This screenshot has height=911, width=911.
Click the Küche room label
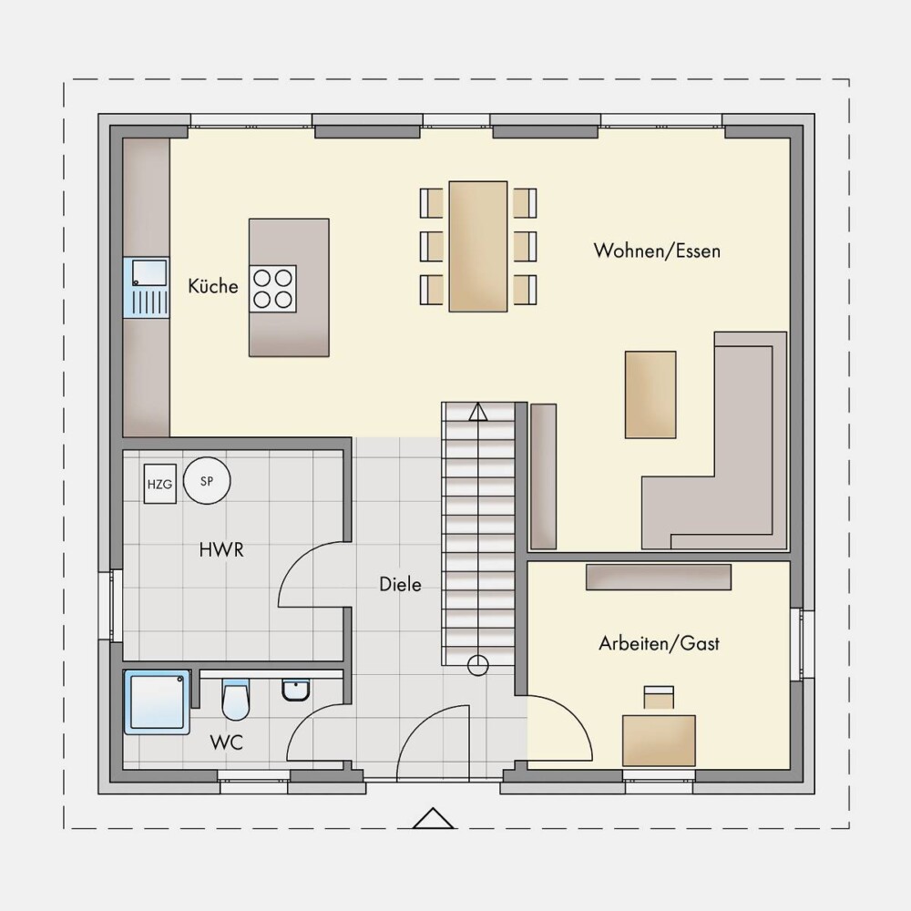(x=212, y=286)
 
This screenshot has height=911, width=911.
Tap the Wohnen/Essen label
(x=657, y=251)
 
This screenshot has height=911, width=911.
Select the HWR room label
(x=221, y=549)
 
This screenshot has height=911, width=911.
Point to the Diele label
(x=400, y=584)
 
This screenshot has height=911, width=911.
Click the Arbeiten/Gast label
(x=659, y=643)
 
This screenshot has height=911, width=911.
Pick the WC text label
(x=226, y=742)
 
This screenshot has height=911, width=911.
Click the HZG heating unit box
(x=159, y=484)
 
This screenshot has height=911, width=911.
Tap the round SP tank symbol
(x=207, y=480)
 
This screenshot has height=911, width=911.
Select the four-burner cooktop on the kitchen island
(x=272, y=289)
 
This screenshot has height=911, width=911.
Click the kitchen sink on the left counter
(x=147, y=288)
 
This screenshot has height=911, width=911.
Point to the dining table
(x=478, y=246)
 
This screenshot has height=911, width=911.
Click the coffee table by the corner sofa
(x=650, y=394)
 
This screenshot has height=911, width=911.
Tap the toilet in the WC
(x=235, y=699)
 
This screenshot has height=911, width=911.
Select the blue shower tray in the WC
(x=157, y=701)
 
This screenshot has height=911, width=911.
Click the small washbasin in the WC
(x=296, y=690)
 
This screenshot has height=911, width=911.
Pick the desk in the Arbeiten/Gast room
(x=659, y=741)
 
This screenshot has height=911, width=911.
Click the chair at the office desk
(x=659, y=697)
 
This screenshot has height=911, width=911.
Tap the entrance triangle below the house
(x=433, y=818)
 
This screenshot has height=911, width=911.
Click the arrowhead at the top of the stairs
(x=478, y=412)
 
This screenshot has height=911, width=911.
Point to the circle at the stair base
(x=478, y=665)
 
